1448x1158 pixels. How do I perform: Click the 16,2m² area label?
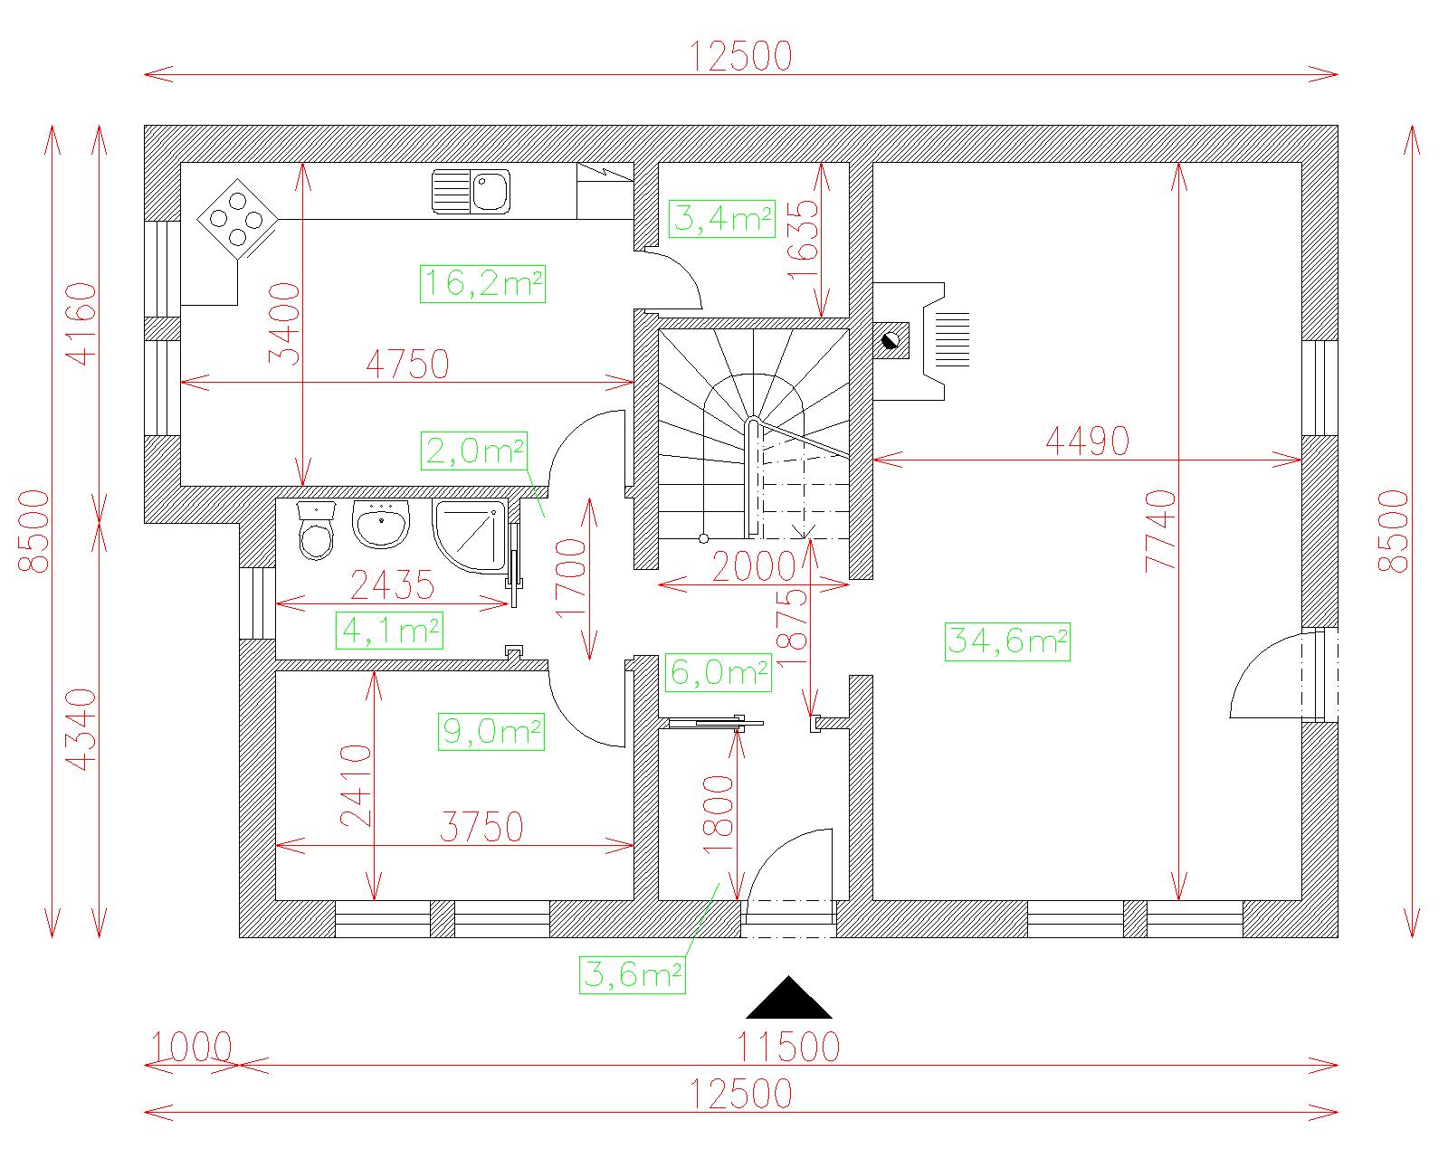click(482, 284)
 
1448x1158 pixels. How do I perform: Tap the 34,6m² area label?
click(1007, 642)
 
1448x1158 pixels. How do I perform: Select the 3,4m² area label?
click(721, 219)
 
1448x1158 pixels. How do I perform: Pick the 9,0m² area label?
click(491, 731)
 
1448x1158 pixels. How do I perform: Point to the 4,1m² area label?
click(389, 631)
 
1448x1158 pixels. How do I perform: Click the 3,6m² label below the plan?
click(633, 975)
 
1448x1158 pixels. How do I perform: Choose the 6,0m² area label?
click(719, 673)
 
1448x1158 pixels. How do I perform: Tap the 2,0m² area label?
click(473, 451)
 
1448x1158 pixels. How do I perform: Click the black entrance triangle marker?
click(788, 998)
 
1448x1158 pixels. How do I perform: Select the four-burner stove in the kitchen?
click(237, 219)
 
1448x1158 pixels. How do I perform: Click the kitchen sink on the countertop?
click(471, 192)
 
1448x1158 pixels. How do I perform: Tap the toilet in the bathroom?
click(316, 531)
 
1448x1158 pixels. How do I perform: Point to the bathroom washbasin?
click(381, 524)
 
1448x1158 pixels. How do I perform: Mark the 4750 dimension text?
click(408, 365)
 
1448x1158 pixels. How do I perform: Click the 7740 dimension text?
click(1161, 532)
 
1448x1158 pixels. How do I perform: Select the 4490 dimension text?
click(1087, 442)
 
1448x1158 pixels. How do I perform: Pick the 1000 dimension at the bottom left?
click(191, 1048)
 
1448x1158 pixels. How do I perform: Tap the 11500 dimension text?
click(788, 1048)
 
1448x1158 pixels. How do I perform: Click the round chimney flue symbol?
click(890, 341)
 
